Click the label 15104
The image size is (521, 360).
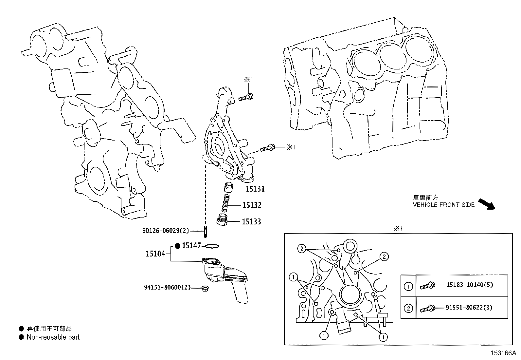pos(155,254)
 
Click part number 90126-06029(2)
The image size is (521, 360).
pos(166,231)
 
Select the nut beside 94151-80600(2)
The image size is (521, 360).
pos(206,288)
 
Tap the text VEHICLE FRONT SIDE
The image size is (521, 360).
pos(443,205)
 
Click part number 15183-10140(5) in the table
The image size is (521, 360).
pos(469,285)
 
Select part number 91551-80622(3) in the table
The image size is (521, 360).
pos(469,308)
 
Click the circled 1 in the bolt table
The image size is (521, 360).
pos(408,287)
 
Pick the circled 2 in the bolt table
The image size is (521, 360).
pos(408,308)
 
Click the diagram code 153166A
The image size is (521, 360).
pos(503,353)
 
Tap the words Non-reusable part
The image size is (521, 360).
pos(53,337)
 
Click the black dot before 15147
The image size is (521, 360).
pos(178,246)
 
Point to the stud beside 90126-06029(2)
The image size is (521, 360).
pos(205,231)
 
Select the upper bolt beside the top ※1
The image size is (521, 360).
pos(246,97)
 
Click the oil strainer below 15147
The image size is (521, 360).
pos(226,278)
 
